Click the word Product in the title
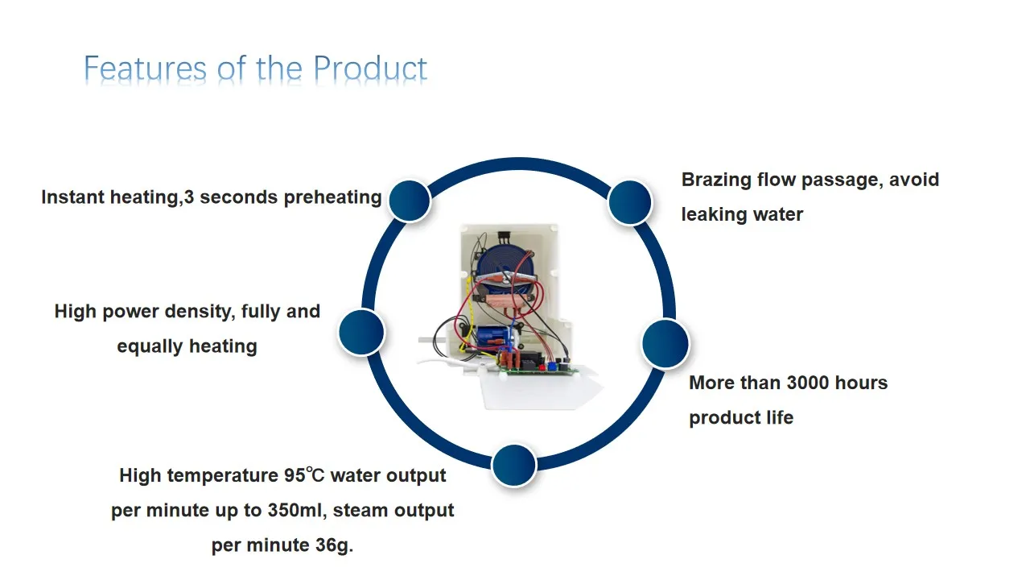tap(370, 68)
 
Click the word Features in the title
tap(146, 68)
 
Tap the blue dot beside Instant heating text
tap(409, 200)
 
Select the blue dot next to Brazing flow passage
tap(629, 201)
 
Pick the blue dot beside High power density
tap(361, 331)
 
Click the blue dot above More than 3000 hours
tap(666, 344)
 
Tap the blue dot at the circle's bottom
tap(513, 465)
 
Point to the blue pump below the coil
tap(488, 337)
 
